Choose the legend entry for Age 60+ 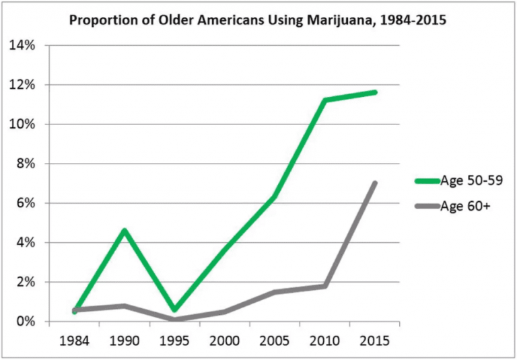(x=464, y=206)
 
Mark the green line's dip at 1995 (x=174, y=310)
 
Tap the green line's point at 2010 (x=325, y=100)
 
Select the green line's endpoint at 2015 (x=375, y=92)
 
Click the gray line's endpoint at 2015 (x=375, y=183)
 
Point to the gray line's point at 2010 (x=325, y=286)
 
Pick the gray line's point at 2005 (x=275, y=292)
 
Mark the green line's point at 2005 (x=275, y=197)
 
